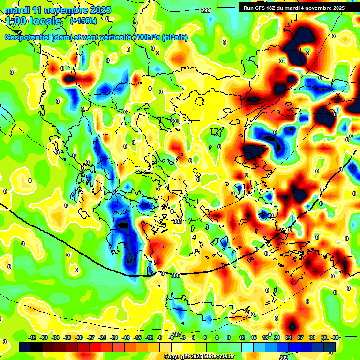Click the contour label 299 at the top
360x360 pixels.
click(x=205, y=10)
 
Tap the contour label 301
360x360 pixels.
click(x=175, y=121)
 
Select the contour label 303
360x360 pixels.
click(x=178, y=221)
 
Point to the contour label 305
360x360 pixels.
click(x=175, y=275)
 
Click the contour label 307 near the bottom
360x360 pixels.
click(x=177, y=334)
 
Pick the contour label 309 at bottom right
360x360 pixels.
click(x=284, y=358)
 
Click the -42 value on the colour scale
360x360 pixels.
click(x=32, y=337)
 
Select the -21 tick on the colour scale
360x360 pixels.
click(x=114, y=337)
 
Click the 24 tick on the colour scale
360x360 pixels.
click(x=288, y=337)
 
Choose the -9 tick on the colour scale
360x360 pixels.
click(x=160, y=337)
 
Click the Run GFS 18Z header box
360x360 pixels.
click(x=294, y=8)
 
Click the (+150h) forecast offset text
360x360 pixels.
click(x=83, y=21)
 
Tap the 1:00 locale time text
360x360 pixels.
click(x=34, y=21)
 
